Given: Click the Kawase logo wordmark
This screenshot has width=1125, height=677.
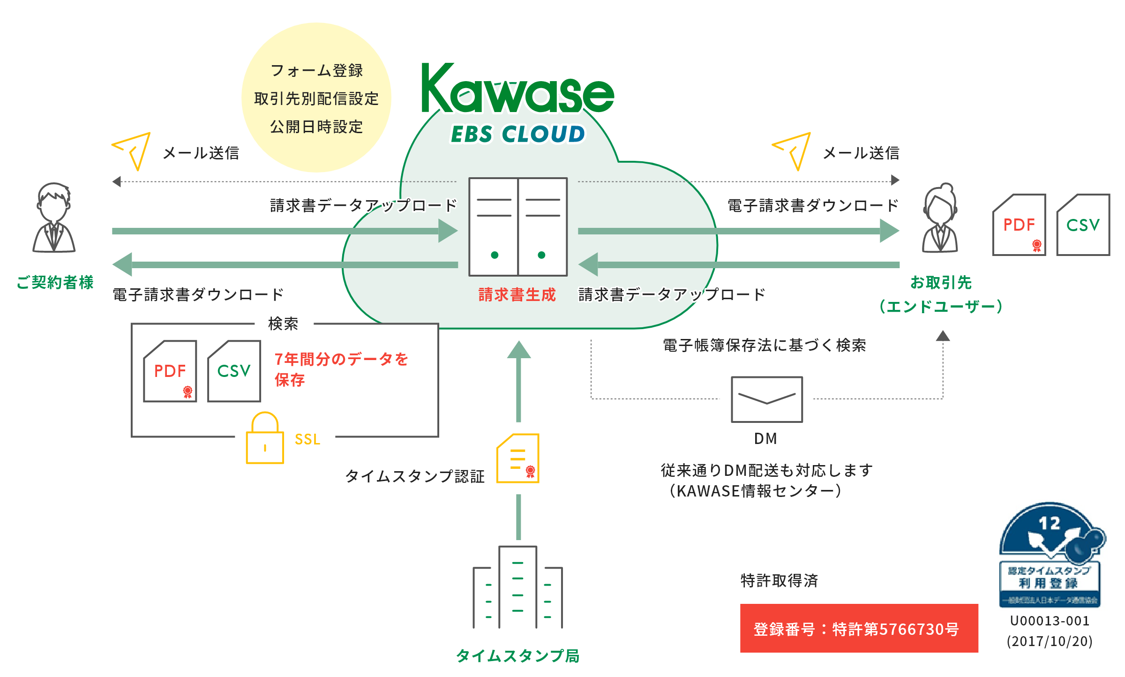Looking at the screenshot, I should (x=517, y=89).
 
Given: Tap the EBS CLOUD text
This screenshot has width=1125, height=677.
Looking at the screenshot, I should (x=517, y=134).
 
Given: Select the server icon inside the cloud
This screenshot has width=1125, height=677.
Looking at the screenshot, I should (x=518, y=227).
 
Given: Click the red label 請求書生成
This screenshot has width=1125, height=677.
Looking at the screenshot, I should (x=517, y=294).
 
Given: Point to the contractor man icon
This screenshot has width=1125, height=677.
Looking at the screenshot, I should (x=54, y=218).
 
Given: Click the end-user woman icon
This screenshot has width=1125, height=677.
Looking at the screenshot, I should (x=940, y=218).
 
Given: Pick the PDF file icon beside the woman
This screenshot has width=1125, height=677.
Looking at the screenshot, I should (x=1019, y=225).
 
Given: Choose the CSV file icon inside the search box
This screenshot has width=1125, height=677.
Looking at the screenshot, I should (x=234, y=371).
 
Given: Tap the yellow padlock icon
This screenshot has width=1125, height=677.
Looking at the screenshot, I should (x=265, y=438).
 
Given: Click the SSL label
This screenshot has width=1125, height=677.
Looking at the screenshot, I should (x=307, y=439).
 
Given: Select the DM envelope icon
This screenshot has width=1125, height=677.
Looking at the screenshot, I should (x=767, y=399).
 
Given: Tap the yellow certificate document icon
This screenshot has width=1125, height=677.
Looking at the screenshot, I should (x=518, y=458).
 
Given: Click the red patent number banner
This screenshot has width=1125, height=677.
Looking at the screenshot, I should (x=859, y=628).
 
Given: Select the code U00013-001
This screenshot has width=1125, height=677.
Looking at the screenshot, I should (x=1050, y=621).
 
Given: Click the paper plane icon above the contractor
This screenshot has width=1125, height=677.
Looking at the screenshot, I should (x=132, y=150).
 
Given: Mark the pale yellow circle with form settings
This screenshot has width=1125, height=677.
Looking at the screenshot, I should (x=316, y=98).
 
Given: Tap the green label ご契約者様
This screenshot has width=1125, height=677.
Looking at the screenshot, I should (x=55, y=282).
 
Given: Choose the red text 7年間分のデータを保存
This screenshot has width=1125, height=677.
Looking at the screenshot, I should (x=341, y=369).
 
